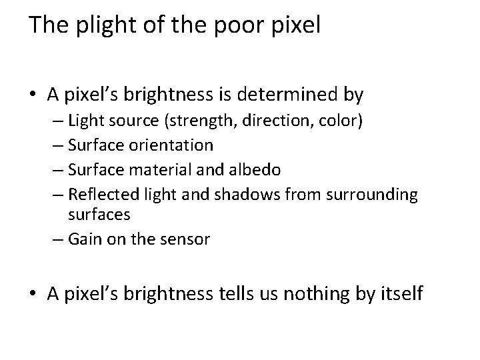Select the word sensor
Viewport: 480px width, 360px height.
(x=187, y=239)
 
